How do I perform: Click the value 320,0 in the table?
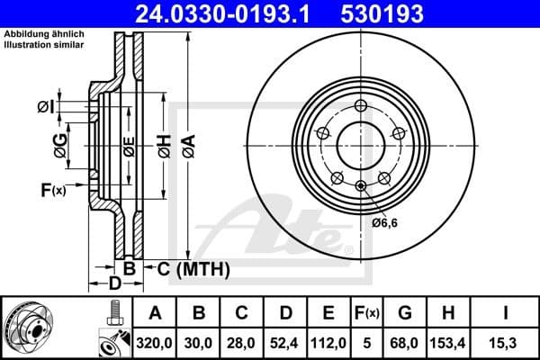pos(156,342)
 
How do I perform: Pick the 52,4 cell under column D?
pos(285,342)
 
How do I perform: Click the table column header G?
pos(404,313)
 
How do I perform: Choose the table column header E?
pos(328,313)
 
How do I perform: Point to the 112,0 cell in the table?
pos(328,342)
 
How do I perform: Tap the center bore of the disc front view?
pos(360,142)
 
